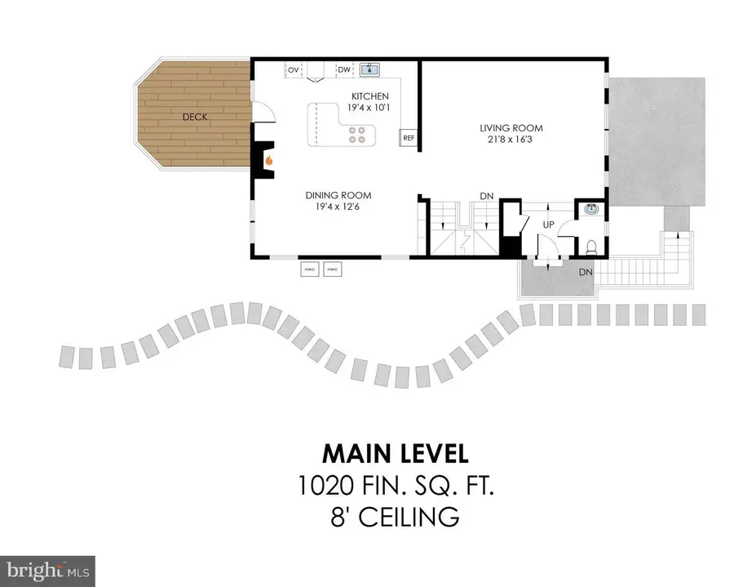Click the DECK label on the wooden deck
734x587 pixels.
194,117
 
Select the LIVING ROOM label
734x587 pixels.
511,128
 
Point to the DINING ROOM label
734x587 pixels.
338,195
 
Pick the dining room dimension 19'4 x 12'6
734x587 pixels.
338,207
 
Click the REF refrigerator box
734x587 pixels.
409,139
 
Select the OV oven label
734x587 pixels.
292,70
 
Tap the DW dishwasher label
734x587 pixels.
344,70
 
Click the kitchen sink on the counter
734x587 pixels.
372,69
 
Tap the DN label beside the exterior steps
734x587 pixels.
586,272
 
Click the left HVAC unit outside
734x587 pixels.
310,269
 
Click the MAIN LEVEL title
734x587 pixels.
395,453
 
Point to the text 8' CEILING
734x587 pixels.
395,517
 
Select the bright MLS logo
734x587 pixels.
47,569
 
